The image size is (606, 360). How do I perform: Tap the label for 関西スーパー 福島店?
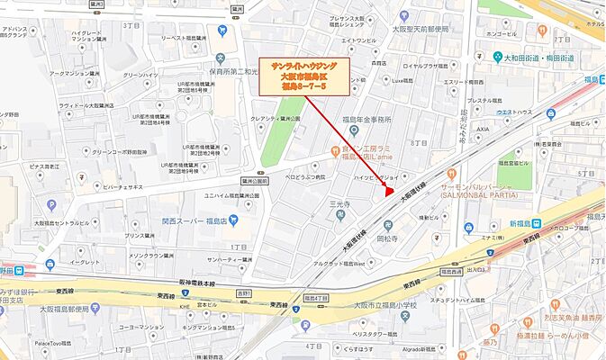click(194, 219)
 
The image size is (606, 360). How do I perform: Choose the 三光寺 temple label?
click(339, 205)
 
